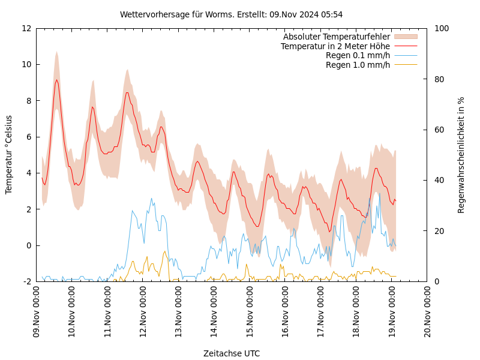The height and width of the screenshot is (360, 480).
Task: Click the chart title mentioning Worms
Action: click(x=231, y=14)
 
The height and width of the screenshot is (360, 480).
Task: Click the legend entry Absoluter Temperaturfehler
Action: click(x=336, y=37)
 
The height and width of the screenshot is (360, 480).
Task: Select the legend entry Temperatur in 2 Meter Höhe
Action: click(x=335, y=46)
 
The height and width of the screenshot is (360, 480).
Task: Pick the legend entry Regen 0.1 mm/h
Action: click(x=358, y=55)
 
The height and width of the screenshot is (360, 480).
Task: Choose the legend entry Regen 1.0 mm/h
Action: click(x=358, y=65)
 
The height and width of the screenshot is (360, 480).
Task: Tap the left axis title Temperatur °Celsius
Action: click(x=9, y=155)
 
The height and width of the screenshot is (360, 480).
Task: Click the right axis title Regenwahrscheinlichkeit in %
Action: click(x=461, y=155)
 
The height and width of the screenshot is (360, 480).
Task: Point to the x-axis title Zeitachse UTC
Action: click(x=231, y=353)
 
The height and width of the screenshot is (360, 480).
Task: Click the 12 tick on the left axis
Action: click(x=26, y=28)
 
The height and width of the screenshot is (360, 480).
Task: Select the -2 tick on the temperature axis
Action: click(x=26, y=281)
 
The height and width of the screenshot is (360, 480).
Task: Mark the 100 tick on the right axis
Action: click(x=439, y=28)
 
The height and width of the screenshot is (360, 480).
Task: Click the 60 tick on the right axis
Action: click(x=437, y=130)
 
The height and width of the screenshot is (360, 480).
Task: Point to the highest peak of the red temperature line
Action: click(x=56, y=80)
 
